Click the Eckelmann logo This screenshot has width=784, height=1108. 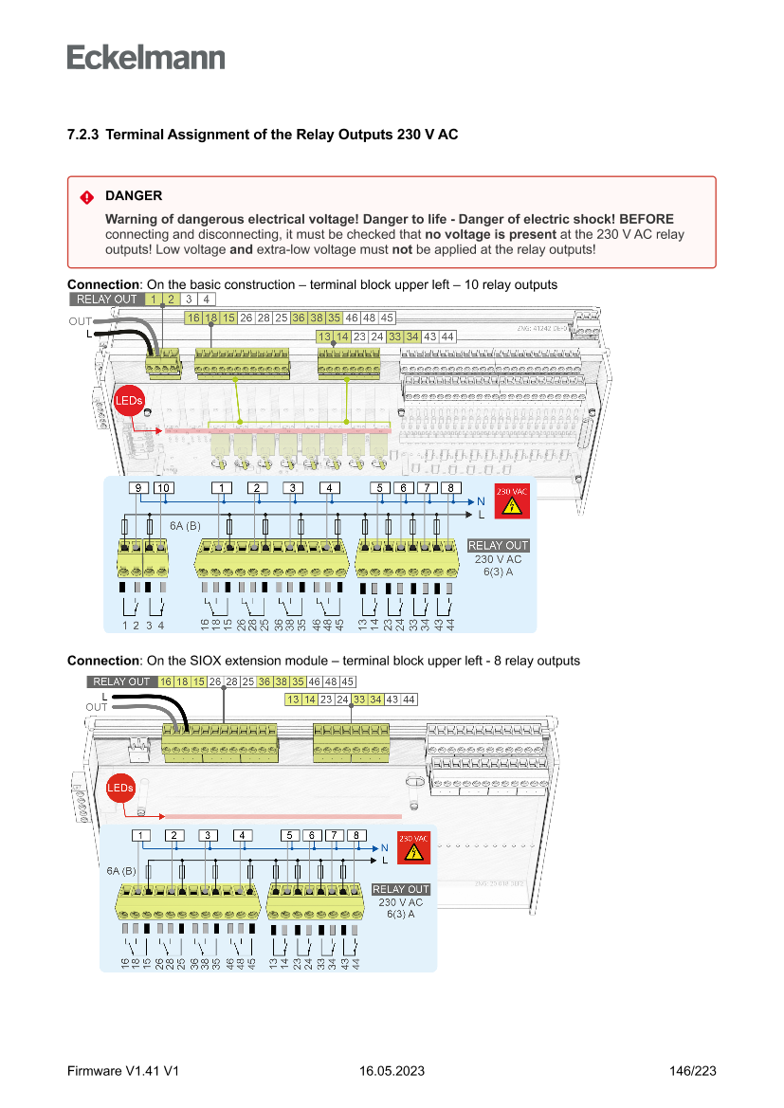146,57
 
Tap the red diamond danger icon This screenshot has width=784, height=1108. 87,197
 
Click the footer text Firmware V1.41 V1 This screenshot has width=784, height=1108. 123,1071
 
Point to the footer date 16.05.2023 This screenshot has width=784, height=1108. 392,1071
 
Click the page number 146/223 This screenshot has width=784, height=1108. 692,1071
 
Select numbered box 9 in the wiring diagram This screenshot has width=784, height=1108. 138,488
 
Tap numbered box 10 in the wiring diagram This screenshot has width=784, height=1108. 163,488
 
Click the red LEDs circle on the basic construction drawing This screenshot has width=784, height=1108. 128,401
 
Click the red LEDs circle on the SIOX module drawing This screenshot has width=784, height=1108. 120,788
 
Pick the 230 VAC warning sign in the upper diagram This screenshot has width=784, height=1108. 512,501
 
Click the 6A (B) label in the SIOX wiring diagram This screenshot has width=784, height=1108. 121,870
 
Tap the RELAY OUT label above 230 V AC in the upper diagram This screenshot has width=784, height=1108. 499,546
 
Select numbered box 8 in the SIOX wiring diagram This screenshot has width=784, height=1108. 356,835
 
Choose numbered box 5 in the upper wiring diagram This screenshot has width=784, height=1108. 379,488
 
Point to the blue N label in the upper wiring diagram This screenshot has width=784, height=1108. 482,500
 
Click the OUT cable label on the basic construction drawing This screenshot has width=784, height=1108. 80,321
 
